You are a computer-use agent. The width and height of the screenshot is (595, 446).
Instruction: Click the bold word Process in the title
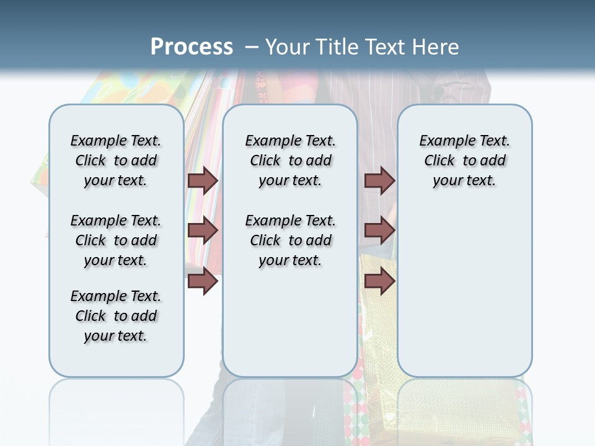tap(192, 47)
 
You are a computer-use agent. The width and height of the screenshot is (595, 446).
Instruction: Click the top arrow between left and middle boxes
tap(203, 180)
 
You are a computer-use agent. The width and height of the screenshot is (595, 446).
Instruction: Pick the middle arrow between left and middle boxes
tap(203, 230)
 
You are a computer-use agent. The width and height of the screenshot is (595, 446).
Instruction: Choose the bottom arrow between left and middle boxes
tap(203, 281)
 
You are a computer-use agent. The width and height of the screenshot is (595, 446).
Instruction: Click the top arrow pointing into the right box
tap(379, 180)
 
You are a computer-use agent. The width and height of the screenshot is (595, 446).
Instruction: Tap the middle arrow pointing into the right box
tap(379, 230)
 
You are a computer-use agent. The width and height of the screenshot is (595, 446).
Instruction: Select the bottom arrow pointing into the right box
tap(379, 281)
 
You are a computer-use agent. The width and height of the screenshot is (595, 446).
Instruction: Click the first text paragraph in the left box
tap(116, 160)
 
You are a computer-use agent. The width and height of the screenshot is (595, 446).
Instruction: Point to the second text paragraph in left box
tap(116, 240)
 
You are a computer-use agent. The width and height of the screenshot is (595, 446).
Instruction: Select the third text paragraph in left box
tap(116, 316)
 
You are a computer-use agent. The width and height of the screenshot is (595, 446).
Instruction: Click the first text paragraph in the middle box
tap(290, 160)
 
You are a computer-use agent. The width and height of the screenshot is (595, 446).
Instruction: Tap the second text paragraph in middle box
tap(290, 240)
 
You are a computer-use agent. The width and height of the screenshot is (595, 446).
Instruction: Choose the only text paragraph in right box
tap(464, 160)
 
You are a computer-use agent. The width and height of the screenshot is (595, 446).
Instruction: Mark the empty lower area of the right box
tap(464, 291)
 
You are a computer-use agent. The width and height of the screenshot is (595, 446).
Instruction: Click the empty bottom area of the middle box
tap(290, 328)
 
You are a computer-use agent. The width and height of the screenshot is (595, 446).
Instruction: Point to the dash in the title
tap(252, 47)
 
